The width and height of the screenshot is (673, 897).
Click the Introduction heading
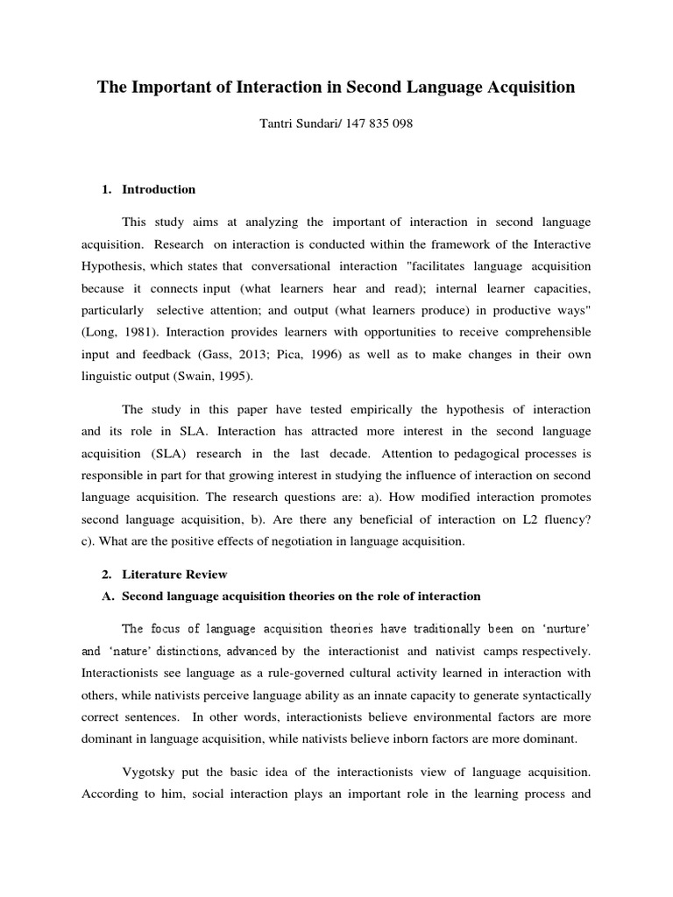159,189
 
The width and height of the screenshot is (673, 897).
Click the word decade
359,455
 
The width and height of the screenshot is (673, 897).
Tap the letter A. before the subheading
109,597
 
